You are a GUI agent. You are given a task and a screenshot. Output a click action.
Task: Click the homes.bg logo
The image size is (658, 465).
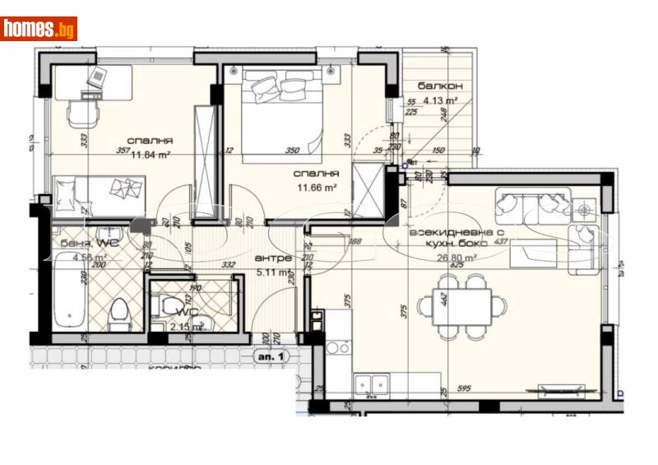[39, 29]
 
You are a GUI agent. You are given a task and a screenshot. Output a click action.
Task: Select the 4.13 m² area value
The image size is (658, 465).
[440, 101]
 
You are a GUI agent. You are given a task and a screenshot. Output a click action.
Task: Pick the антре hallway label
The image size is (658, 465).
[274, 258]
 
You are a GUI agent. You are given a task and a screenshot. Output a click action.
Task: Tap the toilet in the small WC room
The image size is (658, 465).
[174, 306]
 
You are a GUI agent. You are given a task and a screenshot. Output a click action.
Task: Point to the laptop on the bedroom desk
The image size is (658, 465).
[97, 79]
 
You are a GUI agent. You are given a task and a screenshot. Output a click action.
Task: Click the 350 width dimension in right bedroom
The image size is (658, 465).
[292, 151]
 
